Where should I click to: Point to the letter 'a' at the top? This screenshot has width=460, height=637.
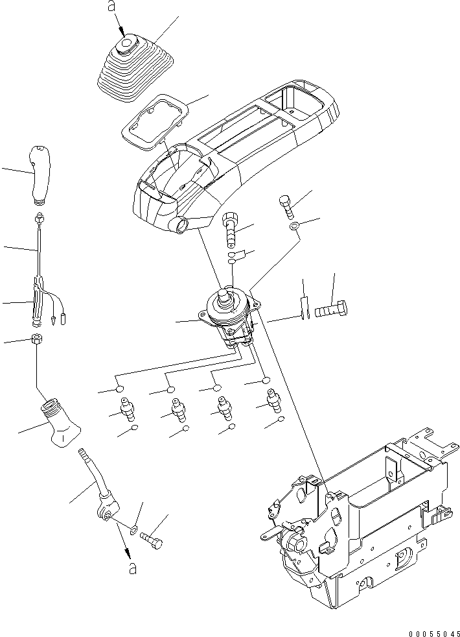pyautogui.click(x=111, y=7)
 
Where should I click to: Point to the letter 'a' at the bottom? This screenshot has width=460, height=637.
pyautogui.click(x=132, y=568)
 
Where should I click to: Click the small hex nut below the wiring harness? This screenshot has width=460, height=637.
pyautogui.click(x=38, y=339)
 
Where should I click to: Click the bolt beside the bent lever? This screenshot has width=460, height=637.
pyautogui.click(x=150, y=538)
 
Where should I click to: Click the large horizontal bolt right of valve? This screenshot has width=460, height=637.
pyautogui.click(x=331, y=311)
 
